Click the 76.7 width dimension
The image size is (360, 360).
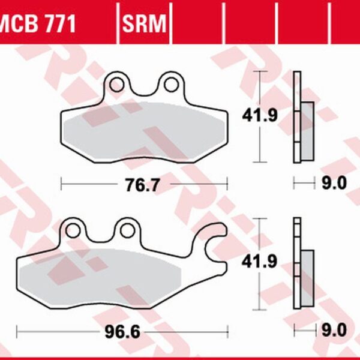click(145, 184)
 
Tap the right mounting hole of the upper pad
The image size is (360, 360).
click(172, 82)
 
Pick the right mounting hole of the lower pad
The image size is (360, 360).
click(126, 229)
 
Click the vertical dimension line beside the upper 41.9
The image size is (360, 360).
click(259, 116)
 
